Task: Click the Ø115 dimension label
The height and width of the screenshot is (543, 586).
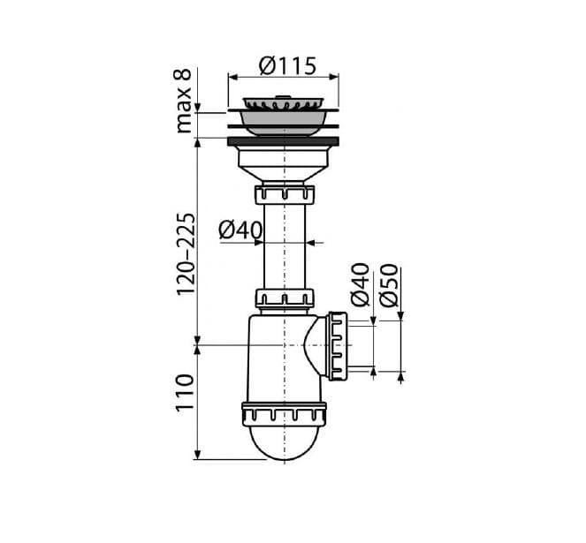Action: pos(287,66)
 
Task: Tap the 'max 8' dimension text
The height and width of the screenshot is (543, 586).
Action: pos(184,101)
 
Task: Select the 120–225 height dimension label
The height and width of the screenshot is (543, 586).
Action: pos(186,254)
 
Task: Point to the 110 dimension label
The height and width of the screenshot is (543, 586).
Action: pos(185,392)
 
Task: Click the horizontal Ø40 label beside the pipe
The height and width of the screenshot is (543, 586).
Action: pos(240,230)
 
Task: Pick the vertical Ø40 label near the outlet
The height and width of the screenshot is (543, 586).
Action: pos(360,285)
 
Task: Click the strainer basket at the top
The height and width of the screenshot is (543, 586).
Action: pos(283,102)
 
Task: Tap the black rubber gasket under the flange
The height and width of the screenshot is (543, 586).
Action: pos(284,141)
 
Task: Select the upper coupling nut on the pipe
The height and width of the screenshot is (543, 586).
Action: pos(285,194)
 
